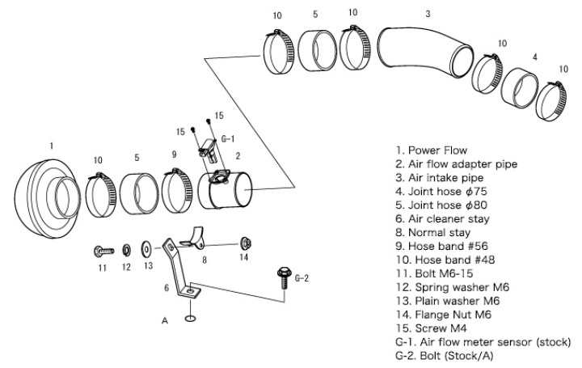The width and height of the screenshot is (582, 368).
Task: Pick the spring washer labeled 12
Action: click(x=127, y=246)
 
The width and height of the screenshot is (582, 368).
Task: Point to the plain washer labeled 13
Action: click(x=146, y=246)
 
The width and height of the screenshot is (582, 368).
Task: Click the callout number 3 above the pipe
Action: click(x=428, y=13)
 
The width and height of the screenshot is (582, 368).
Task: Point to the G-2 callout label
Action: click(x=302, y=277)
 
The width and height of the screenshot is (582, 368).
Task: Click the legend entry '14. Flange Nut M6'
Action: click(x=444, y=315)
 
